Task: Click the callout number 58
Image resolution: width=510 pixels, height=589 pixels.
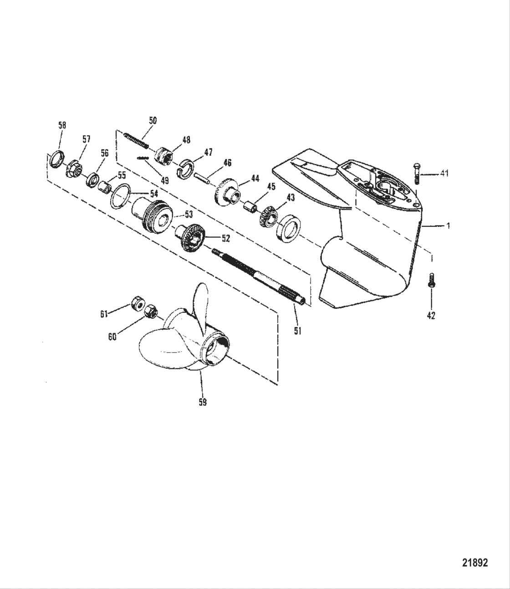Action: click(x=62, y=125)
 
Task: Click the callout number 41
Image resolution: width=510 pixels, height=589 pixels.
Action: click(x=444, y=174)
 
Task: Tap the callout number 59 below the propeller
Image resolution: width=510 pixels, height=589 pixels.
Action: click(x=203, y=402)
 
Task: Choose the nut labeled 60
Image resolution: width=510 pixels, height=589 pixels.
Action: click(x=151, y=312)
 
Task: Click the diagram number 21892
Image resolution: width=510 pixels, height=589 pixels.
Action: click(x=475, y=563)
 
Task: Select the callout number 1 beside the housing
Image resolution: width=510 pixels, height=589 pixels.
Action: click(x=448, y=225)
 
